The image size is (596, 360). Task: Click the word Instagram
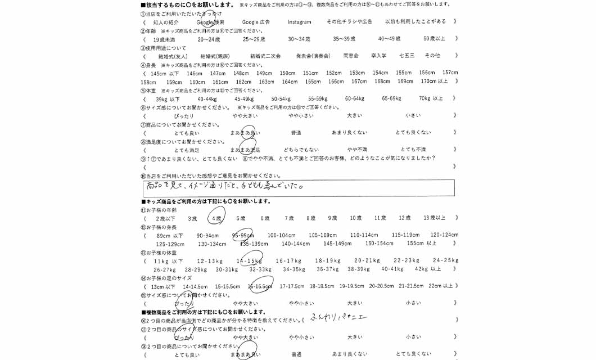(x=299, y=21)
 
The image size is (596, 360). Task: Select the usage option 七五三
(x=407, y=56)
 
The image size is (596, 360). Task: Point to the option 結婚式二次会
(x=265, y=56)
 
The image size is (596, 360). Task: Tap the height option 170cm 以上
(x=435, y=82)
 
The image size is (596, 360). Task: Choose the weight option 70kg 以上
(x=431, y=98)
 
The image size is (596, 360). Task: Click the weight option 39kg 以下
(x=168, y=98)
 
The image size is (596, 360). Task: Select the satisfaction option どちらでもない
(x=301, y=150)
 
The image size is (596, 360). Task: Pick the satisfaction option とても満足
(x=187, y=150)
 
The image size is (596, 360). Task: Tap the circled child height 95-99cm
(x=243, y=235)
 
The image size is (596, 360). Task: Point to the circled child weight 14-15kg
(x=249, y=260)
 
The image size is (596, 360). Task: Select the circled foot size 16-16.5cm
(x=260, y=286)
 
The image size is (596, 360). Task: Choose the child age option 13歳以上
(x=434, y=218)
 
